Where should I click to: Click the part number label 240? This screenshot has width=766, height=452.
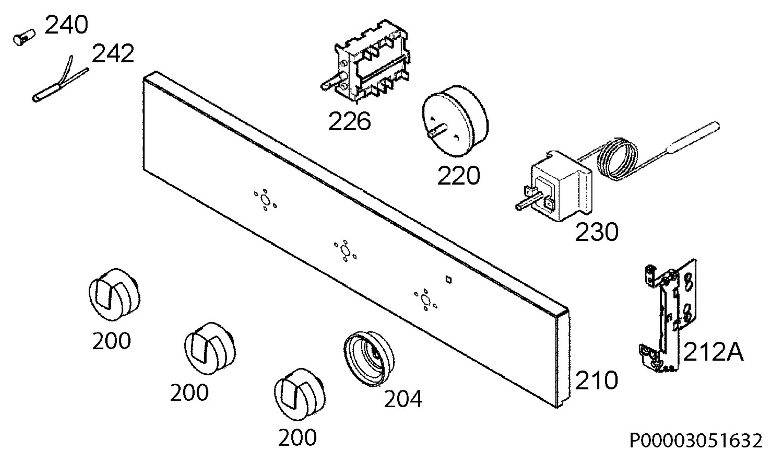[66, 25]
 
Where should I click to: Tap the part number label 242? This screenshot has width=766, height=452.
[113, 53]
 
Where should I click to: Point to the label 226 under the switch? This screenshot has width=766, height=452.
[349, 121]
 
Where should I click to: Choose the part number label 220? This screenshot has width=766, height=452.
[458, 175]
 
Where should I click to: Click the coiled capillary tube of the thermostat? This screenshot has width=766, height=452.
[618, 159]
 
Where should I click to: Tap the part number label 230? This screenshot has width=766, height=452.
[597, 232]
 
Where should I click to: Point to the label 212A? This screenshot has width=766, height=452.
[713, 352]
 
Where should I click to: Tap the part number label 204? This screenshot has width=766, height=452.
[403, 399]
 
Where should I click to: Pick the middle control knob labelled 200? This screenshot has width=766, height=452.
[210, 348]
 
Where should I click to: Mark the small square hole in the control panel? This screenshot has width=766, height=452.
[448, 280]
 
